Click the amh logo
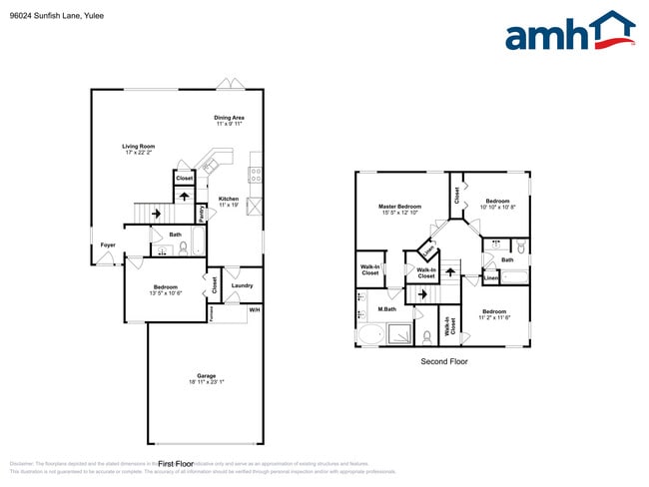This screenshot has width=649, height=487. (569, 32)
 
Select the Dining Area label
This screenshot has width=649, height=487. (230, 118)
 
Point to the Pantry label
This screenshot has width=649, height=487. (202, 213)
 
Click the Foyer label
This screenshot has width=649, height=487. (107, 244)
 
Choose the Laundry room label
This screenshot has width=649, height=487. (242, 285)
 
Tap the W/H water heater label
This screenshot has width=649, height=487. (254, 310)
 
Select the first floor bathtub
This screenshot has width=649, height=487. (197, 243)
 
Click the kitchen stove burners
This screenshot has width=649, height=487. (256, 173)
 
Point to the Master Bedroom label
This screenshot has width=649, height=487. (399, 207)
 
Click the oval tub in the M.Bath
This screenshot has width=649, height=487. (368, 335)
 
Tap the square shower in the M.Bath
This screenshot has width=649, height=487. (398, 334)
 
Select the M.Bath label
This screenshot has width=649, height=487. (374, 309)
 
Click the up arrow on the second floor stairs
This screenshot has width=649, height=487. (420, 294)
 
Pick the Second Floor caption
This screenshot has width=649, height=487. (443, 361)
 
